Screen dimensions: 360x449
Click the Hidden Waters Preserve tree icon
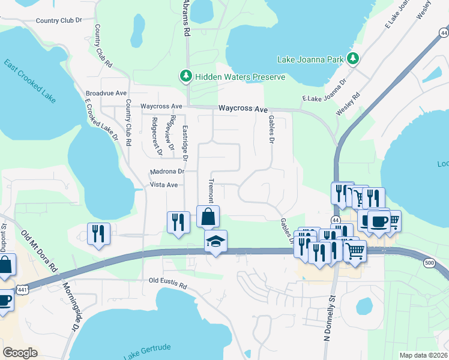(186, 77)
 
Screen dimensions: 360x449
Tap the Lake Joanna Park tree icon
(354, 59)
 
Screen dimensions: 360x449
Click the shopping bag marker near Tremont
(208, 217)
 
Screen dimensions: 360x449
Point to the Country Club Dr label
(58, 20)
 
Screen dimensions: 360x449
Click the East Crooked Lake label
(30, 80)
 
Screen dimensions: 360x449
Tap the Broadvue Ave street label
(106, 94)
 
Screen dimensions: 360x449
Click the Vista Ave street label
(163, 185)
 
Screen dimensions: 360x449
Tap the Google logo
(20, 353)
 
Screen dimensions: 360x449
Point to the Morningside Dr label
(70, 308)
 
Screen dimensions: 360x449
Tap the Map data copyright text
(423, 355)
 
